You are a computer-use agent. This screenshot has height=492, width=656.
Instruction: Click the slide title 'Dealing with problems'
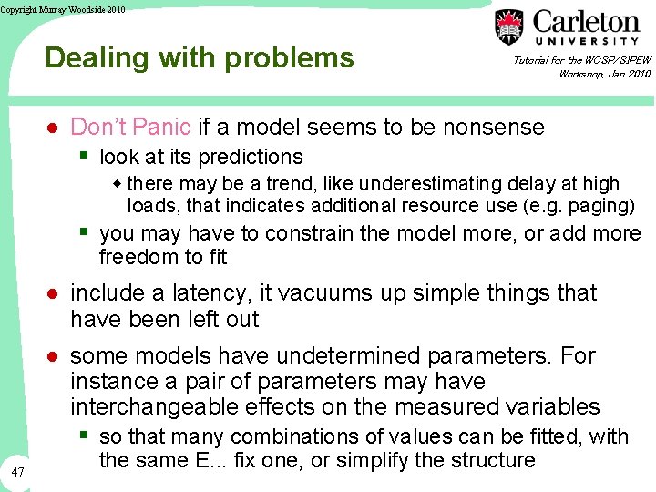pos(199,58)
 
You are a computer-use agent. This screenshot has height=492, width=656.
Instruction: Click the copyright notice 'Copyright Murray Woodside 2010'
pos(63,9)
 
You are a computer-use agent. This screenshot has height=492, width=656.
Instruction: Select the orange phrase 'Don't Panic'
pos(130,127)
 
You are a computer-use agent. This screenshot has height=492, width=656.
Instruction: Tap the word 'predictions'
pos(250,157)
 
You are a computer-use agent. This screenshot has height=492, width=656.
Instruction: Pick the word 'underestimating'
pos(370,184)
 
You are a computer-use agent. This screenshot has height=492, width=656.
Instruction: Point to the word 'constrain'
pos(311,233)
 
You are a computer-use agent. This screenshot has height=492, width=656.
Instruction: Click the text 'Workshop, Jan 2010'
pos(604,74)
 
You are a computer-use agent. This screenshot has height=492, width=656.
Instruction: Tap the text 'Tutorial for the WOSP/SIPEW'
pos(581,60)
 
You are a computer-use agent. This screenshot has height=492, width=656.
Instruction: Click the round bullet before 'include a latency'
pos(53,293)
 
